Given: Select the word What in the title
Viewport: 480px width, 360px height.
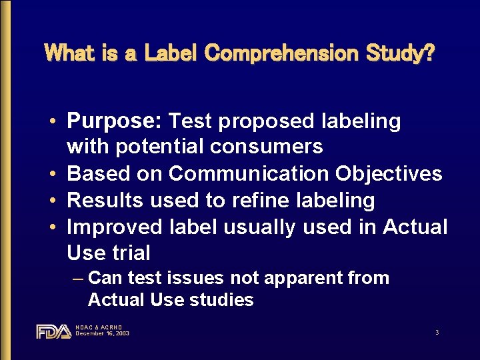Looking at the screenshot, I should (69, 53).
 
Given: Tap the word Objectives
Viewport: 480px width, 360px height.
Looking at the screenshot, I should (389, 173).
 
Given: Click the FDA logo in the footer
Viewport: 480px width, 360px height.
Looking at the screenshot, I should (53, 331).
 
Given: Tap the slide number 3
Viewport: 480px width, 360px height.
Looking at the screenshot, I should (437, 331).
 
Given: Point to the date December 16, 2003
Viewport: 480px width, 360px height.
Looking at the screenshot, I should (103, 333).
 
